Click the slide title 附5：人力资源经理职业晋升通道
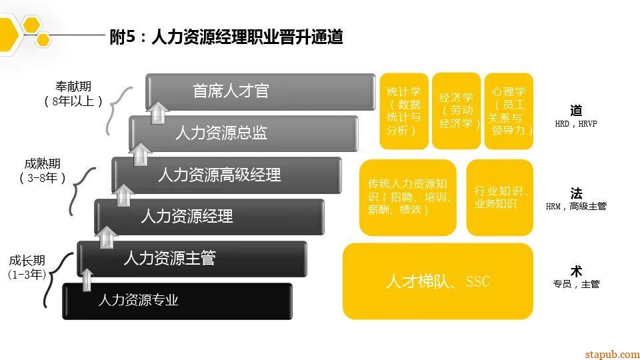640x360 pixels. pyautogui.click(x=227, y=37)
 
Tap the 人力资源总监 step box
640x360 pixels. pyautogui.click(x=243, y=133)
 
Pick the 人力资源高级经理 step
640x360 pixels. pyautogui.click(x=227, y=175)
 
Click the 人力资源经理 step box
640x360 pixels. pyautogui.click(x=209, y=216)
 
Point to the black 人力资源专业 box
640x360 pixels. pyautogui.click(x=177, y=300)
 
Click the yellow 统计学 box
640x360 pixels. pyautogui.click(x=404, y=111)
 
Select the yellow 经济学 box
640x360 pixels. pyautogui.click(x=456, y=111)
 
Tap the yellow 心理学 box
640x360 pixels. pyautogui.click(x=509, y=111)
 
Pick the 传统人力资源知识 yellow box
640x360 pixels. pyautogui.click(x=407, y=197)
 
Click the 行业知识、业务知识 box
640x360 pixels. pyautogui.click(x=500, y=197)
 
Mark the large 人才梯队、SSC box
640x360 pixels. pyautogui.click(x=438, y=281)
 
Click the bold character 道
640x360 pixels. pyautogui.click(x=576, y=111)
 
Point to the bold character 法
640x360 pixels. pyautogui.click(x=576, y=193)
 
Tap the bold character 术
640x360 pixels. pyautogui.click(x=576, y=271)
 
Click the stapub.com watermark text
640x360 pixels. pyautogui.click(x=612, y=354)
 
